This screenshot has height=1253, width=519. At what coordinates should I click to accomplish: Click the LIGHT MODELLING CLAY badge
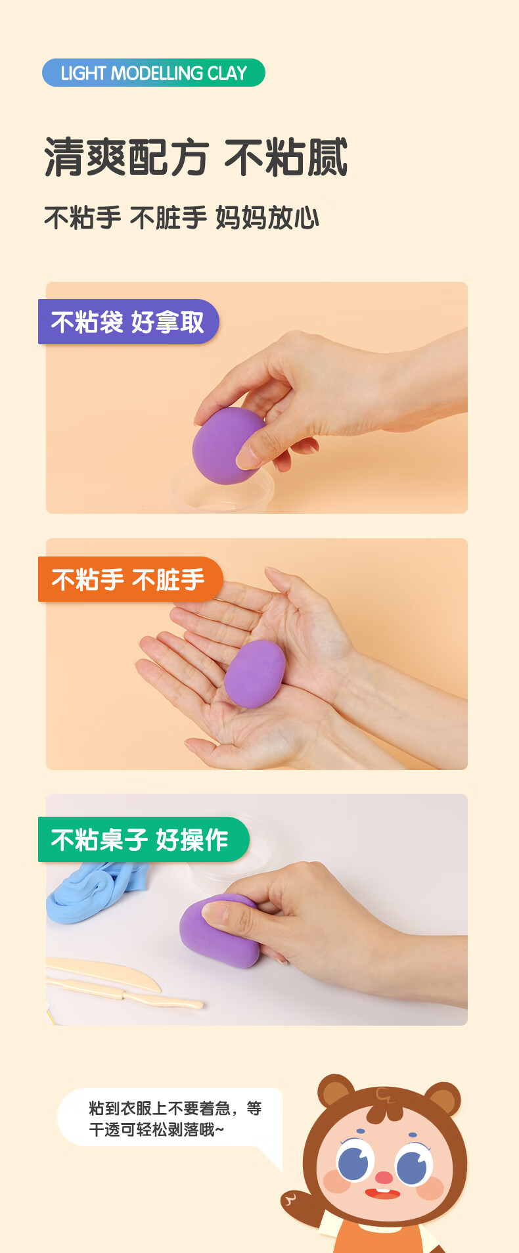pos(154,72)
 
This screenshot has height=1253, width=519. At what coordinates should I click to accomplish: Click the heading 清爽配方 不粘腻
pos(196,158)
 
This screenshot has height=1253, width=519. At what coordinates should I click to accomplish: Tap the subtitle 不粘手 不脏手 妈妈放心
pos(181,217)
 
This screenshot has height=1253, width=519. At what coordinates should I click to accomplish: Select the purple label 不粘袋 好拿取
pos(128,322)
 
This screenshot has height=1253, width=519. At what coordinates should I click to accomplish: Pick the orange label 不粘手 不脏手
pos(130,580)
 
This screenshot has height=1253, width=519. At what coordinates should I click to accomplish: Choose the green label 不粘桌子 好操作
pos(143,839)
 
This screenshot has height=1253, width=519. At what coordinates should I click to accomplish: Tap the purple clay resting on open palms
pos(254,673)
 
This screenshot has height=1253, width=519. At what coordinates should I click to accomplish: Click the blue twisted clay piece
pos(95,890)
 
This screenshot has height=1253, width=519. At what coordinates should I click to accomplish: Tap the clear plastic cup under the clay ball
pos(223,490)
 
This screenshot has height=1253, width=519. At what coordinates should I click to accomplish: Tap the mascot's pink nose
pos(384,1175)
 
